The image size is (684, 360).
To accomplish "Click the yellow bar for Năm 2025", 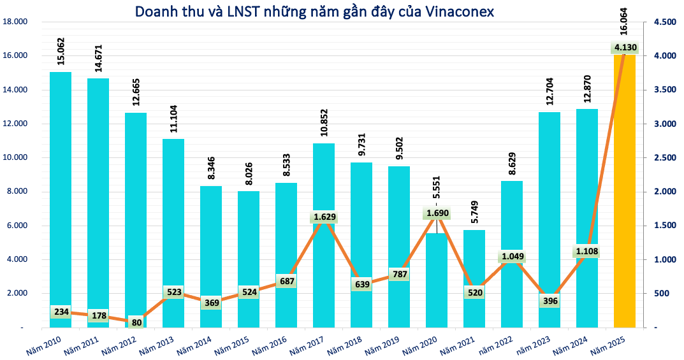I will [x=625, y=191].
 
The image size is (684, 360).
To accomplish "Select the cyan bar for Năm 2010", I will [x=61, y=191].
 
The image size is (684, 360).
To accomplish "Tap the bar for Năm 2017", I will [x=324, y=268].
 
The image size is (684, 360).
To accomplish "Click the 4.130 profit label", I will [x=625, y=47].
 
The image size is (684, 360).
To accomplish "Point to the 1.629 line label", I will [x=324, y=217].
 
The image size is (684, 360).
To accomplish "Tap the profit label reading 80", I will [x=136, y=322].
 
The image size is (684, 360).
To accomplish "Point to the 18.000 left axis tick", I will [x=15, y=22].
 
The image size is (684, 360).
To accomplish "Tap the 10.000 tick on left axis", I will [x=15, y=158].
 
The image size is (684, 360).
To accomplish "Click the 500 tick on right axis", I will [x=661, y=294].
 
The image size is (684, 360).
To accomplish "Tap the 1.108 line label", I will [x=587, y=252].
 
